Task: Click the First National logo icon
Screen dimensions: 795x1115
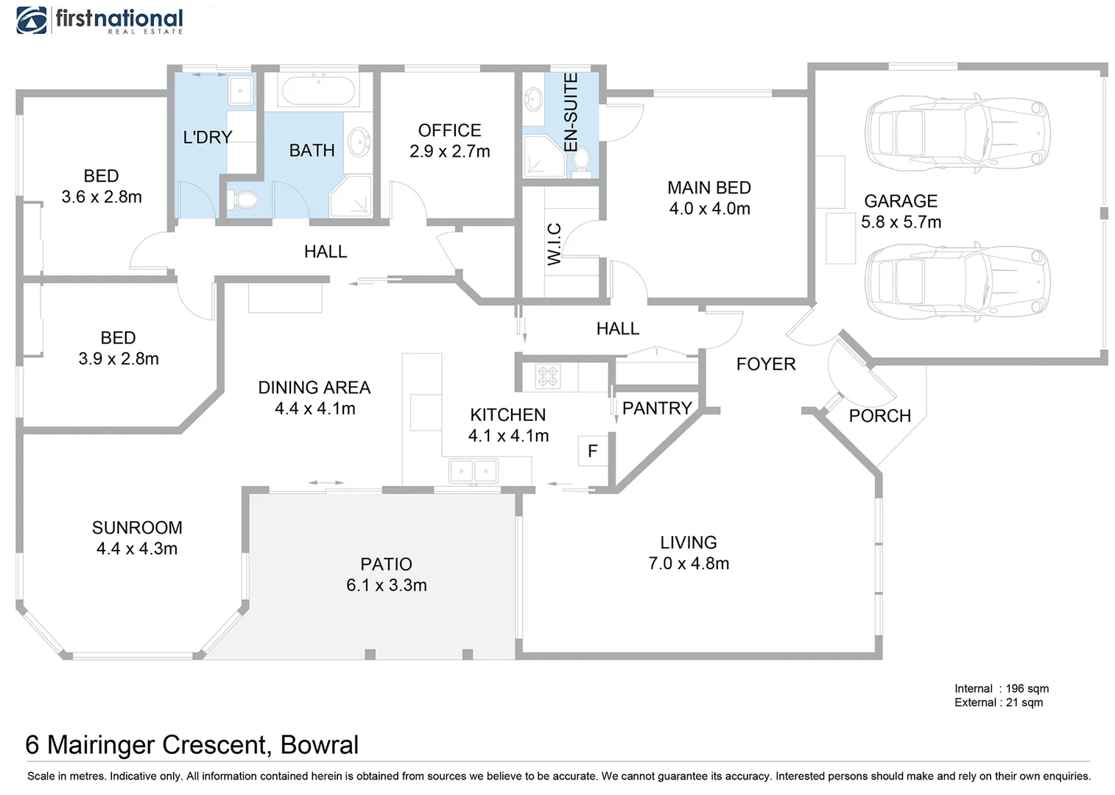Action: (32, 21)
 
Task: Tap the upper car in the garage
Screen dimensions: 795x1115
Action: (957, 133)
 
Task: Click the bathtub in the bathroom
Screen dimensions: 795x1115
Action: (318, 91)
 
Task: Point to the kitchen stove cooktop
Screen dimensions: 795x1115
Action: (548, 376)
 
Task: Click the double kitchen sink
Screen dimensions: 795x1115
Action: (474, 470)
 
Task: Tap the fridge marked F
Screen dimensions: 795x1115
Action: (593, 451)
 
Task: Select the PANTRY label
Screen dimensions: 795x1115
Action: (657, 409)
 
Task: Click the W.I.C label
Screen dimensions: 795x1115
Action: (555, 244)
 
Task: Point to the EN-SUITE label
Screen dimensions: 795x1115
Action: (571, 112)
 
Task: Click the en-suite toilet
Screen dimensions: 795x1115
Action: (582, 160)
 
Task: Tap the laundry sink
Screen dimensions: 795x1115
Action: (241, 91)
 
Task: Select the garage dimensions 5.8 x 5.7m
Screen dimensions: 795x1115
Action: (901, 222)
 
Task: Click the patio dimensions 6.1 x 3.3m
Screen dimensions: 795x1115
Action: (386, 585)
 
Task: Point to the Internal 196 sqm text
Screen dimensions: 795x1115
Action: (1001, 688)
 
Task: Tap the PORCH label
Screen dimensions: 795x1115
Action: (879, 416)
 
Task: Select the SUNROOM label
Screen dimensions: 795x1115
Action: (137, 528)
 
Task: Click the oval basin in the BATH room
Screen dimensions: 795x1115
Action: (359, 141)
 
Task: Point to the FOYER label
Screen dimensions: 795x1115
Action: (766, 364)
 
